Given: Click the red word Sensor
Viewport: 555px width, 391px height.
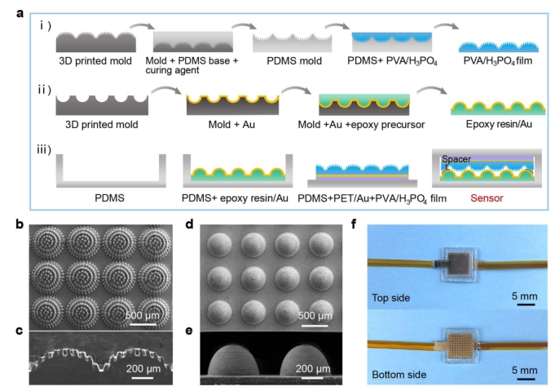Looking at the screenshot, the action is (x=487, y=198).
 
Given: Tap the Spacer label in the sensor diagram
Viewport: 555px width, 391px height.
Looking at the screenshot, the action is (x=456, y=159).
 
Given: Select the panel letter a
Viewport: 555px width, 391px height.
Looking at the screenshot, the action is (x=20, y=14).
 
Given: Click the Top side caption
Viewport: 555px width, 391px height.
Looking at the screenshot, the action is (x=390, y=298).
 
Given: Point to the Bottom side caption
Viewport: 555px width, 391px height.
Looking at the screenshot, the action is (x=399, y=375).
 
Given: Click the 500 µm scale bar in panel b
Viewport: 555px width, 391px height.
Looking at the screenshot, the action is (x=143, y=324).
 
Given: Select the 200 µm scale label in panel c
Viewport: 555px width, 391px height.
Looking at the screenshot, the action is (x=143, y=368).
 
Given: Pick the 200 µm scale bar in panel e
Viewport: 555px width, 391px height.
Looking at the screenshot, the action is (x=312, y=378).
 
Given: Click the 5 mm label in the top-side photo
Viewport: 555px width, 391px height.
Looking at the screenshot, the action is (x=525, y=296).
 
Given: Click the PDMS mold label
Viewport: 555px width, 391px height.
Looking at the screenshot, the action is (x=294, y=61).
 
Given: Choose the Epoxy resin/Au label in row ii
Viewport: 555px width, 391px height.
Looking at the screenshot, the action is (x=499, y=124).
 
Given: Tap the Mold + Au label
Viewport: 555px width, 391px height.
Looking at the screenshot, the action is (x=231, y=124).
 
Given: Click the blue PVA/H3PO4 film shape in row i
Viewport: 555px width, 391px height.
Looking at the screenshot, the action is (x=499, y=47).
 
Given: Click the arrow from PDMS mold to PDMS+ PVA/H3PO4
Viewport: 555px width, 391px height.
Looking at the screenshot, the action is (x=337, y=25).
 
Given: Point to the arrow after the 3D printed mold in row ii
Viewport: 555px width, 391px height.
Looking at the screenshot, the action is (x=166, y=90).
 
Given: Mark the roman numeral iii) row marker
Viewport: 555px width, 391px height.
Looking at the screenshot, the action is (x=44, y=149).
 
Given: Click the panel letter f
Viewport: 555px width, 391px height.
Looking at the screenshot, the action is (x=354, y=224).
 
